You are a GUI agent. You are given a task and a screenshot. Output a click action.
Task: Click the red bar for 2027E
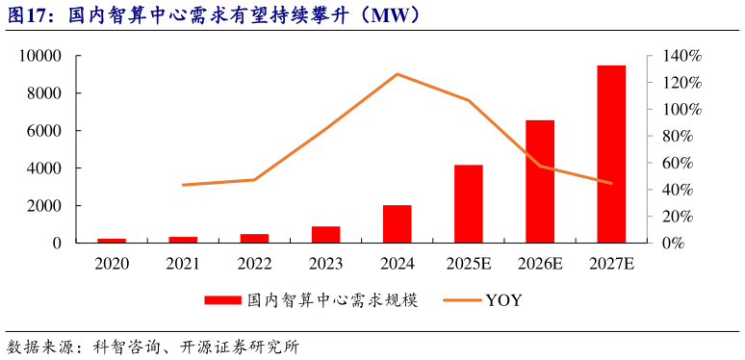(x=611, y=154)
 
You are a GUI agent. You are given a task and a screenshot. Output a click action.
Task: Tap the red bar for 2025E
(x=469, y=203)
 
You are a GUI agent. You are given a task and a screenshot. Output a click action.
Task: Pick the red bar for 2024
(x=398, y=223)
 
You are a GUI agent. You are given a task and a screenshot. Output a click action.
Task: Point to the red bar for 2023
(x=326, y=234)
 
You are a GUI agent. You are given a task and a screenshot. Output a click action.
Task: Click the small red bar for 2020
(x=112, y=240)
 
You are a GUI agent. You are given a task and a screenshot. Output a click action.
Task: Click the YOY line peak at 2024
(x=398, y=74)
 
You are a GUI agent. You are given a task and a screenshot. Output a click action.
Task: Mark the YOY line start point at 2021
(x=183, y=185)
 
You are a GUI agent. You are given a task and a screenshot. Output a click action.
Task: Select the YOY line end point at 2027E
(x=611, y=183)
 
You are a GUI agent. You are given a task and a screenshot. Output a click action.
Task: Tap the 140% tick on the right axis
(x=681, y=56)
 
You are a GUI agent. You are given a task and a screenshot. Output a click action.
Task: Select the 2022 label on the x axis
(x=254, y=263)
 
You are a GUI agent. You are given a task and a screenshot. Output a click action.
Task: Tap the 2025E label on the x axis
(x=469, y=263)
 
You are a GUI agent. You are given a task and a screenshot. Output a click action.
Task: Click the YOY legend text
(x=503, y=300)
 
